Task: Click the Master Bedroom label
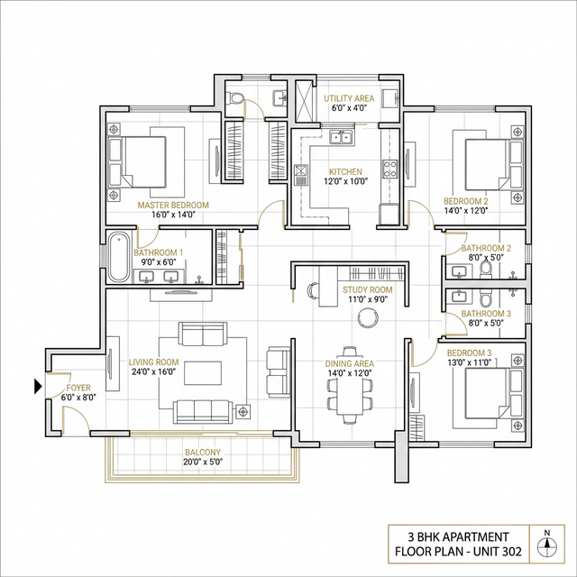[x=173, y=205]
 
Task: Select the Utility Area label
[x=348, y=96]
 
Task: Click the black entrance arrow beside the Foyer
[x=38, y=387]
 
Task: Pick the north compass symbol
[x=545, y=544]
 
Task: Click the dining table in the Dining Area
[x=350, y=393]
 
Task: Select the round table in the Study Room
[x=368, y=317]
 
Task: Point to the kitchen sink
[x=341, y=138]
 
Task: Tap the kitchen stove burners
[x=390, y=168]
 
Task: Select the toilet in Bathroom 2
[x=487, y=265]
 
